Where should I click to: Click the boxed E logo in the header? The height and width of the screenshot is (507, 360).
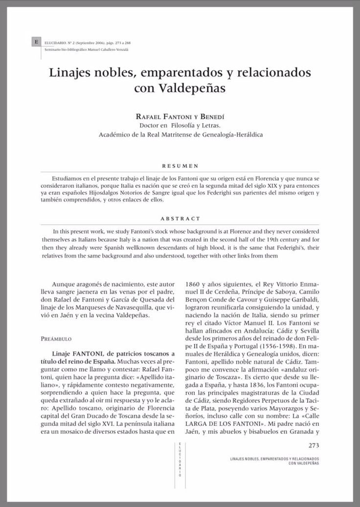click(36, 43)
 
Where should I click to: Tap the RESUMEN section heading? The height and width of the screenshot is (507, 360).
click(180, 166)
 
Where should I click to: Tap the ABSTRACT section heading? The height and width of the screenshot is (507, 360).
click(180, 219)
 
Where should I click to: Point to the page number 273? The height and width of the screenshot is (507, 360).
click(314, 445)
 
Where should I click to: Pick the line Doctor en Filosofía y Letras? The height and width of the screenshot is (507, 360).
click(180, 126)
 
